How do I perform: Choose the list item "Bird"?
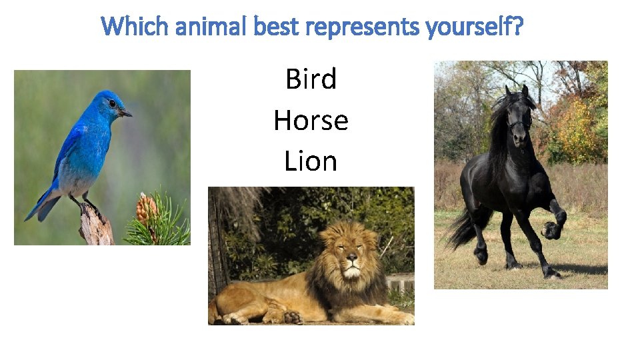click(x=311, y=79)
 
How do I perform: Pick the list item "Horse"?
click(x=311, y=121)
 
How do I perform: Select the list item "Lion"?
click(x=311, y=161)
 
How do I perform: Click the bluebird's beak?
click(x=126, y=114)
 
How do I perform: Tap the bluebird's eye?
click(x=113, y=104)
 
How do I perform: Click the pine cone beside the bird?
click(x=147, y=209)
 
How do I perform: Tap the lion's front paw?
click(x=294, y=317)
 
